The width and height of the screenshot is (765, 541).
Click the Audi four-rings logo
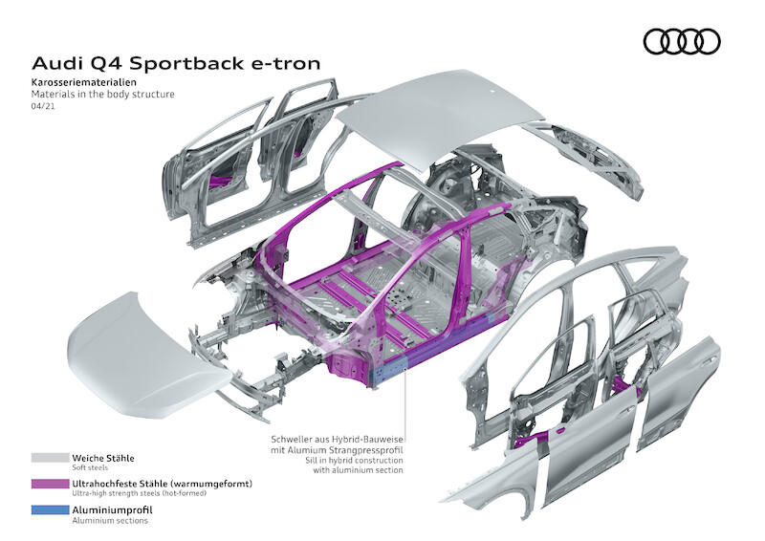(681, 41)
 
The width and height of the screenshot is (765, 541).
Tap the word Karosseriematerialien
(87, 84)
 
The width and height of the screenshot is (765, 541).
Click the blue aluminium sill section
(387, 368)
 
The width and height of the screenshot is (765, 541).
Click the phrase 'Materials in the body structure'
(103, 96)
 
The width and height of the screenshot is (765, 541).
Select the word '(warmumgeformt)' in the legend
(210, 485)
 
